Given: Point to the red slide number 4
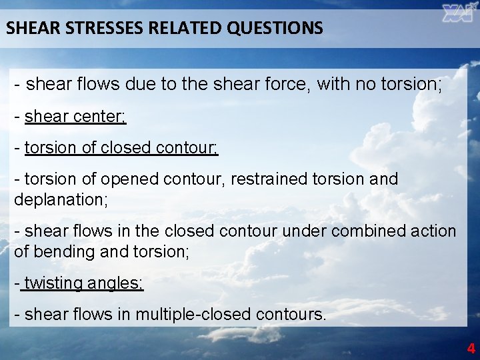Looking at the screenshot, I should click(471, 348).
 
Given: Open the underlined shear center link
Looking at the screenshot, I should click(75, 117).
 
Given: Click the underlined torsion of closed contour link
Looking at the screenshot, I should click(121, 148).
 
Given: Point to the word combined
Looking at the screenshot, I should click(356, 231).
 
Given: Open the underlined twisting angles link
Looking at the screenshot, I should click(83, 283).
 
